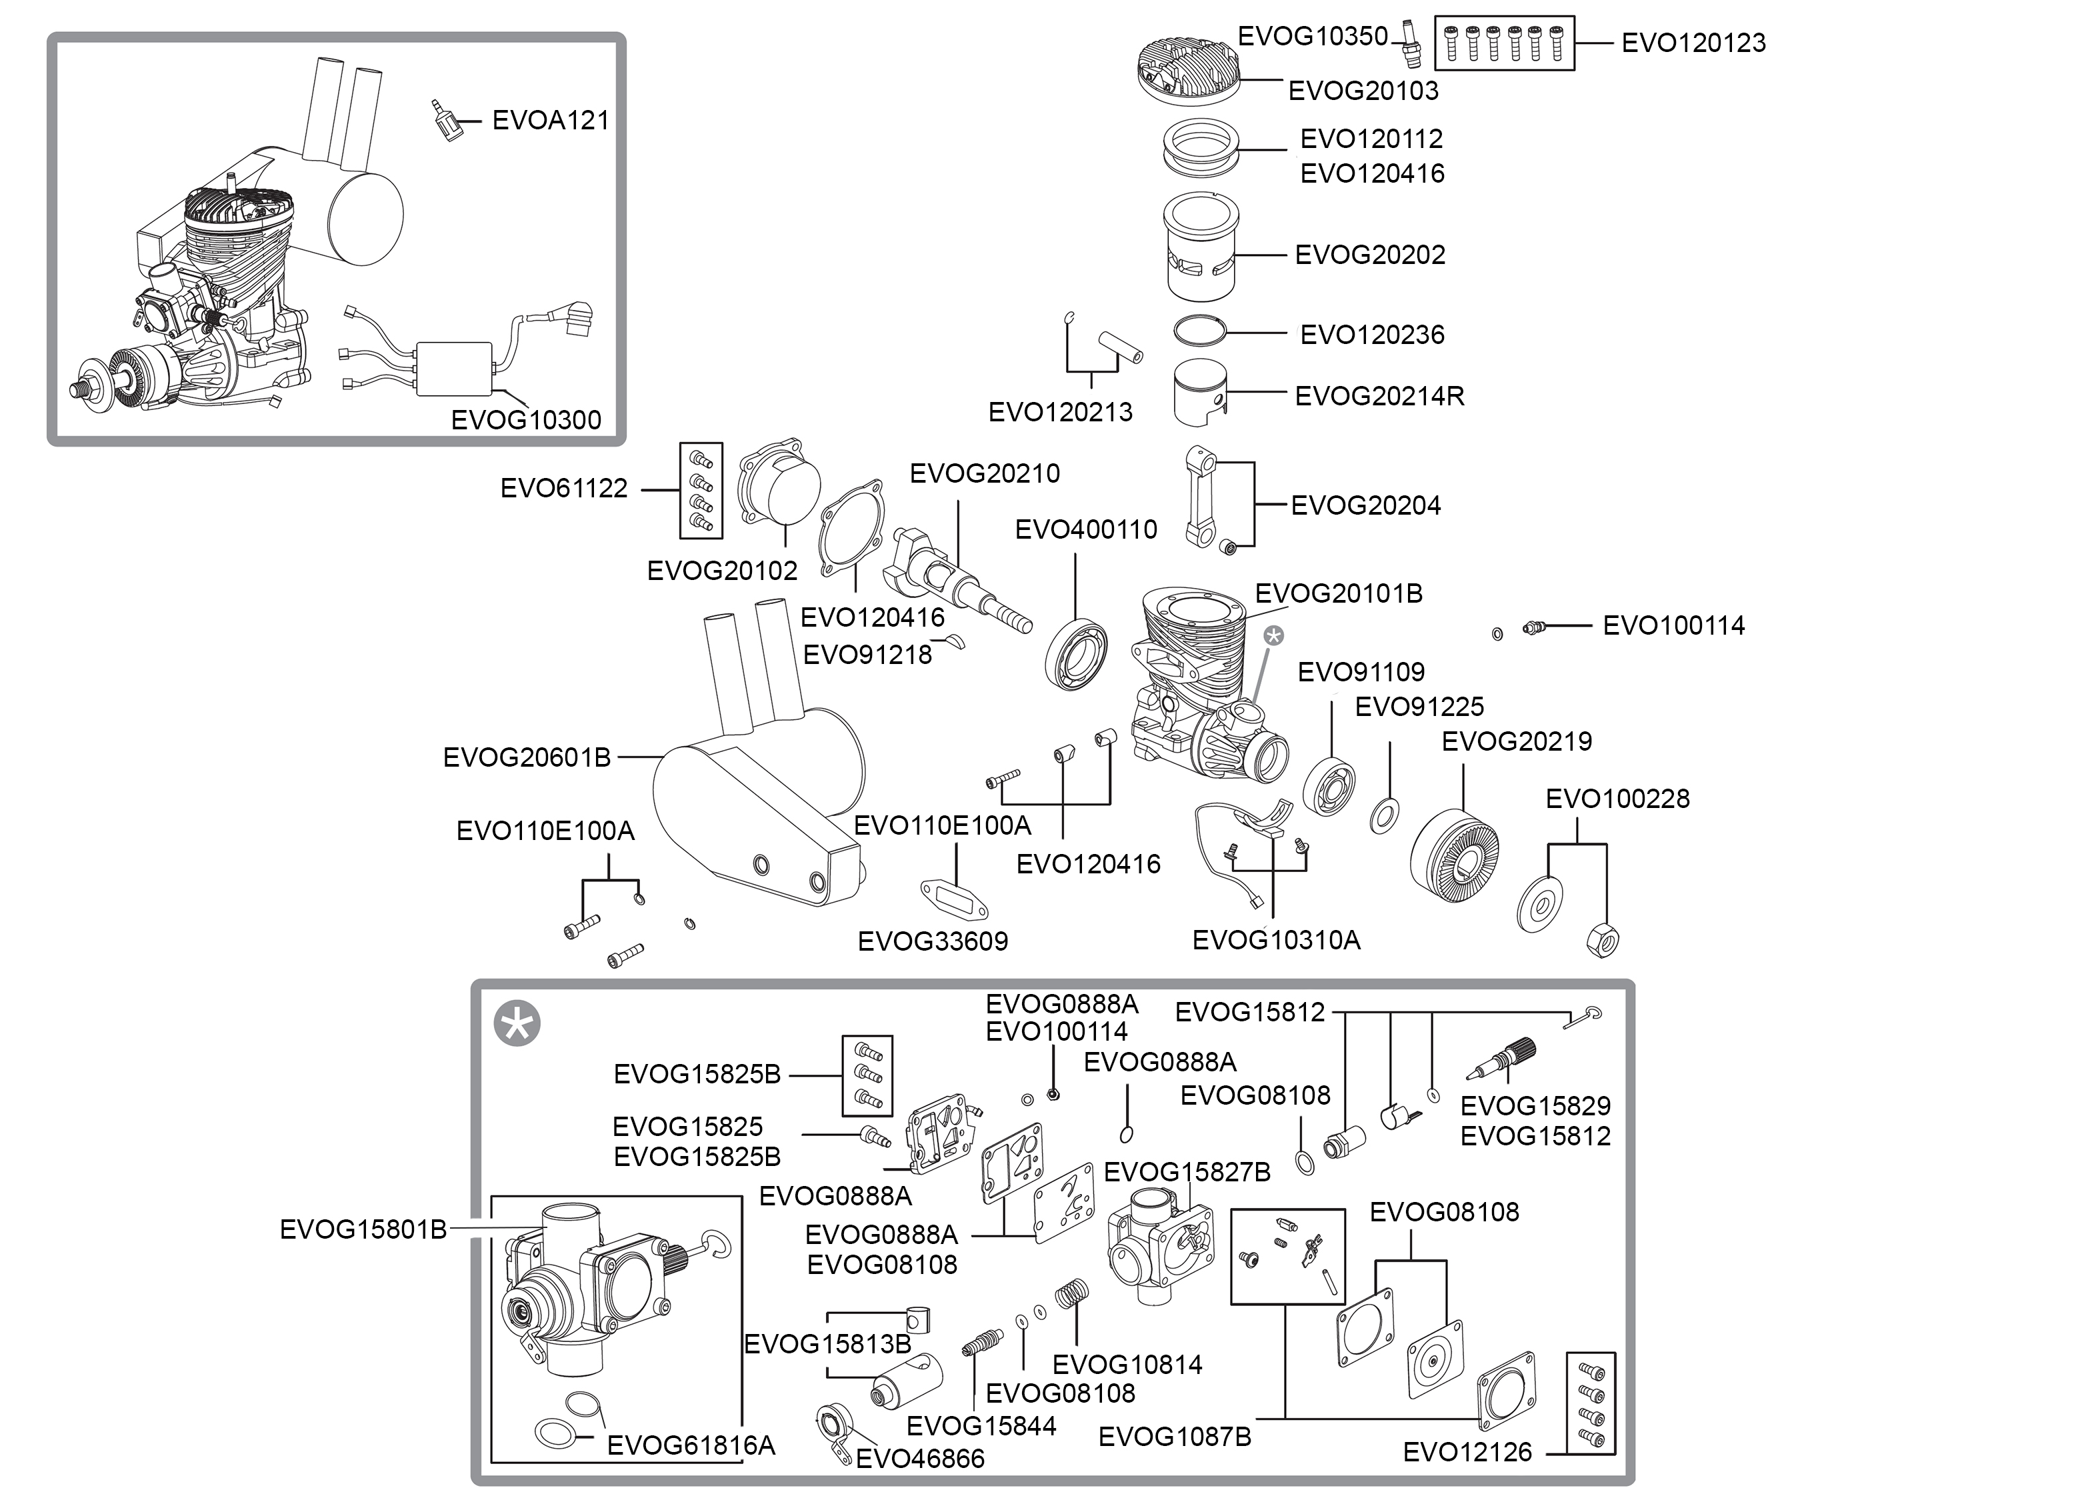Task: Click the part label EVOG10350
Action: (x=1312, y=36)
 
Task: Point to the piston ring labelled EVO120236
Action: (x=1199, y=331)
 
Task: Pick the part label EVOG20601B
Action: (x=527, y=757)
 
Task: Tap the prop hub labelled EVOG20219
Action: (x=1455, y=855)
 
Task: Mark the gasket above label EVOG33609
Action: (x=955, y=898)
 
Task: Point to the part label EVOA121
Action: (x=551, y=120)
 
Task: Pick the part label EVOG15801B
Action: (x=363, y=1230)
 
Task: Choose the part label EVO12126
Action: (x=1467, y=1452)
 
